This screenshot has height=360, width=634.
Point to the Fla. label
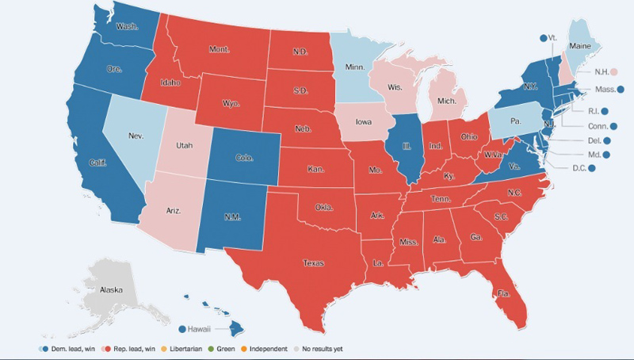pyautogui.click(x=503, y=293)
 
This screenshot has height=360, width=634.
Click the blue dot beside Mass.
pyautogui.click(x=621, y=90)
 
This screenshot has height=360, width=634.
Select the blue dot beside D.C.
pyautogui.click(x=591, y=168)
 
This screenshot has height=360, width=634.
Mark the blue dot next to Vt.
pyautogui.click(x=543, y=37)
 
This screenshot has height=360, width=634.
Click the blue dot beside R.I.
pyautogui.click(x=604, y=111)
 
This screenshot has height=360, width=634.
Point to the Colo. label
pyautogui.click(x=244, y=158)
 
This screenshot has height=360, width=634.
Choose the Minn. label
pyautogui.click(x=355, y=67)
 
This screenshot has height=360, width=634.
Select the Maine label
pyautogui.click(x=580, y=46)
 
